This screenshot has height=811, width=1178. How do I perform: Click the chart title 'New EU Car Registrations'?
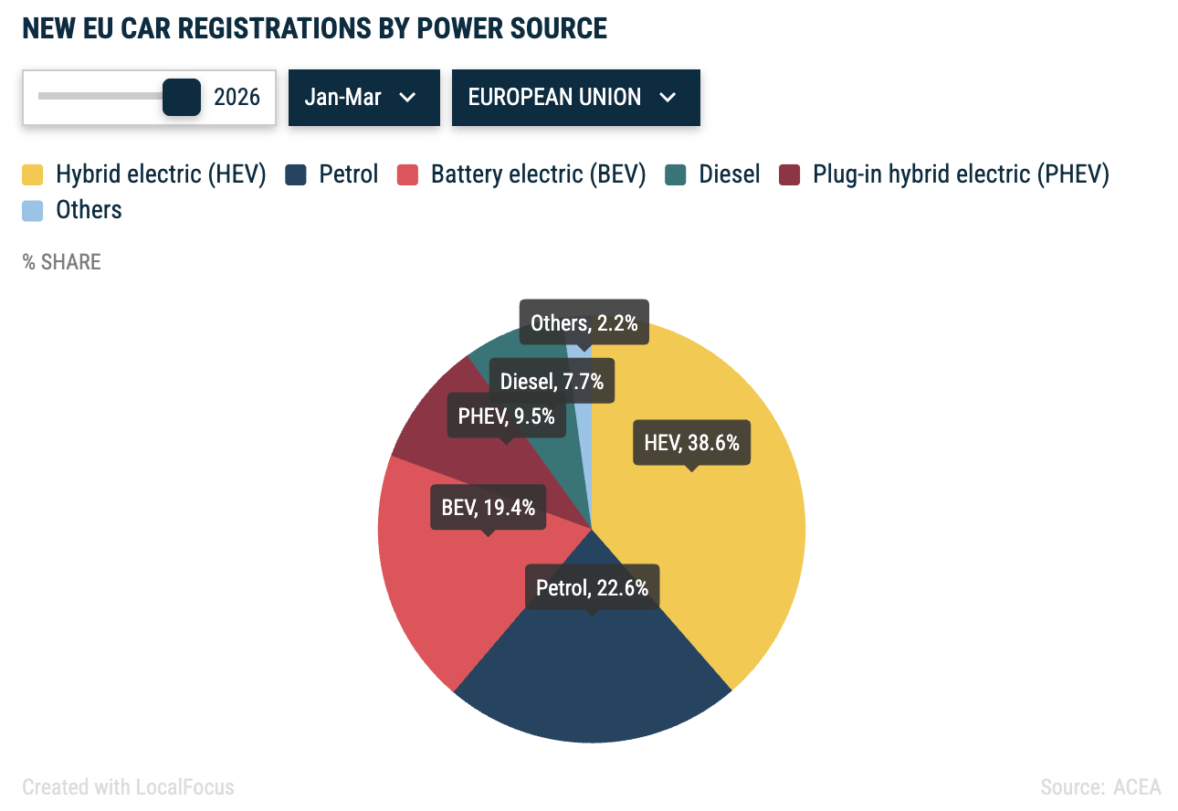point(314,28)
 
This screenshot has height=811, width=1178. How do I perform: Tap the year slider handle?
point(181,97)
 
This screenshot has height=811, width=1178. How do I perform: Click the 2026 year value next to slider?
point(237,97)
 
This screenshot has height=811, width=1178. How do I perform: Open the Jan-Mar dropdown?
point(363,97)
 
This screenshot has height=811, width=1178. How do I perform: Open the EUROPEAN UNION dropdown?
point(575,97)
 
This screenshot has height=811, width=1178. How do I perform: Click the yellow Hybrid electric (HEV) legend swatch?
point(33,174)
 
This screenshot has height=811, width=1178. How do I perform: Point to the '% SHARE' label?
point(62,262)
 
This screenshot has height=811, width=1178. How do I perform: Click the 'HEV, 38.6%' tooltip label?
point(691,443)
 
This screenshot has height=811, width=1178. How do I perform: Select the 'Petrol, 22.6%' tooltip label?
point(592,587)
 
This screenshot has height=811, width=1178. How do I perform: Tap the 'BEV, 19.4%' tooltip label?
point(488,507)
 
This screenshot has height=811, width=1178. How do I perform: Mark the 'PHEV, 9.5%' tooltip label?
point(506,416)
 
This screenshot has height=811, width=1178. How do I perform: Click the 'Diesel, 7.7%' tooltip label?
point(552,381)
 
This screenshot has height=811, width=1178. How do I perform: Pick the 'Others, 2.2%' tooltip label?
point(584,322)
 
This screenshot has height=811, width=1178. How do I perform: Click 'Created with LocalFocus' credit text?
point(128,786)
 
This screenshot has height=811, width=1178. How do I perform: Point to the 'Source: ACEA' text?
point(1100,786)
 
